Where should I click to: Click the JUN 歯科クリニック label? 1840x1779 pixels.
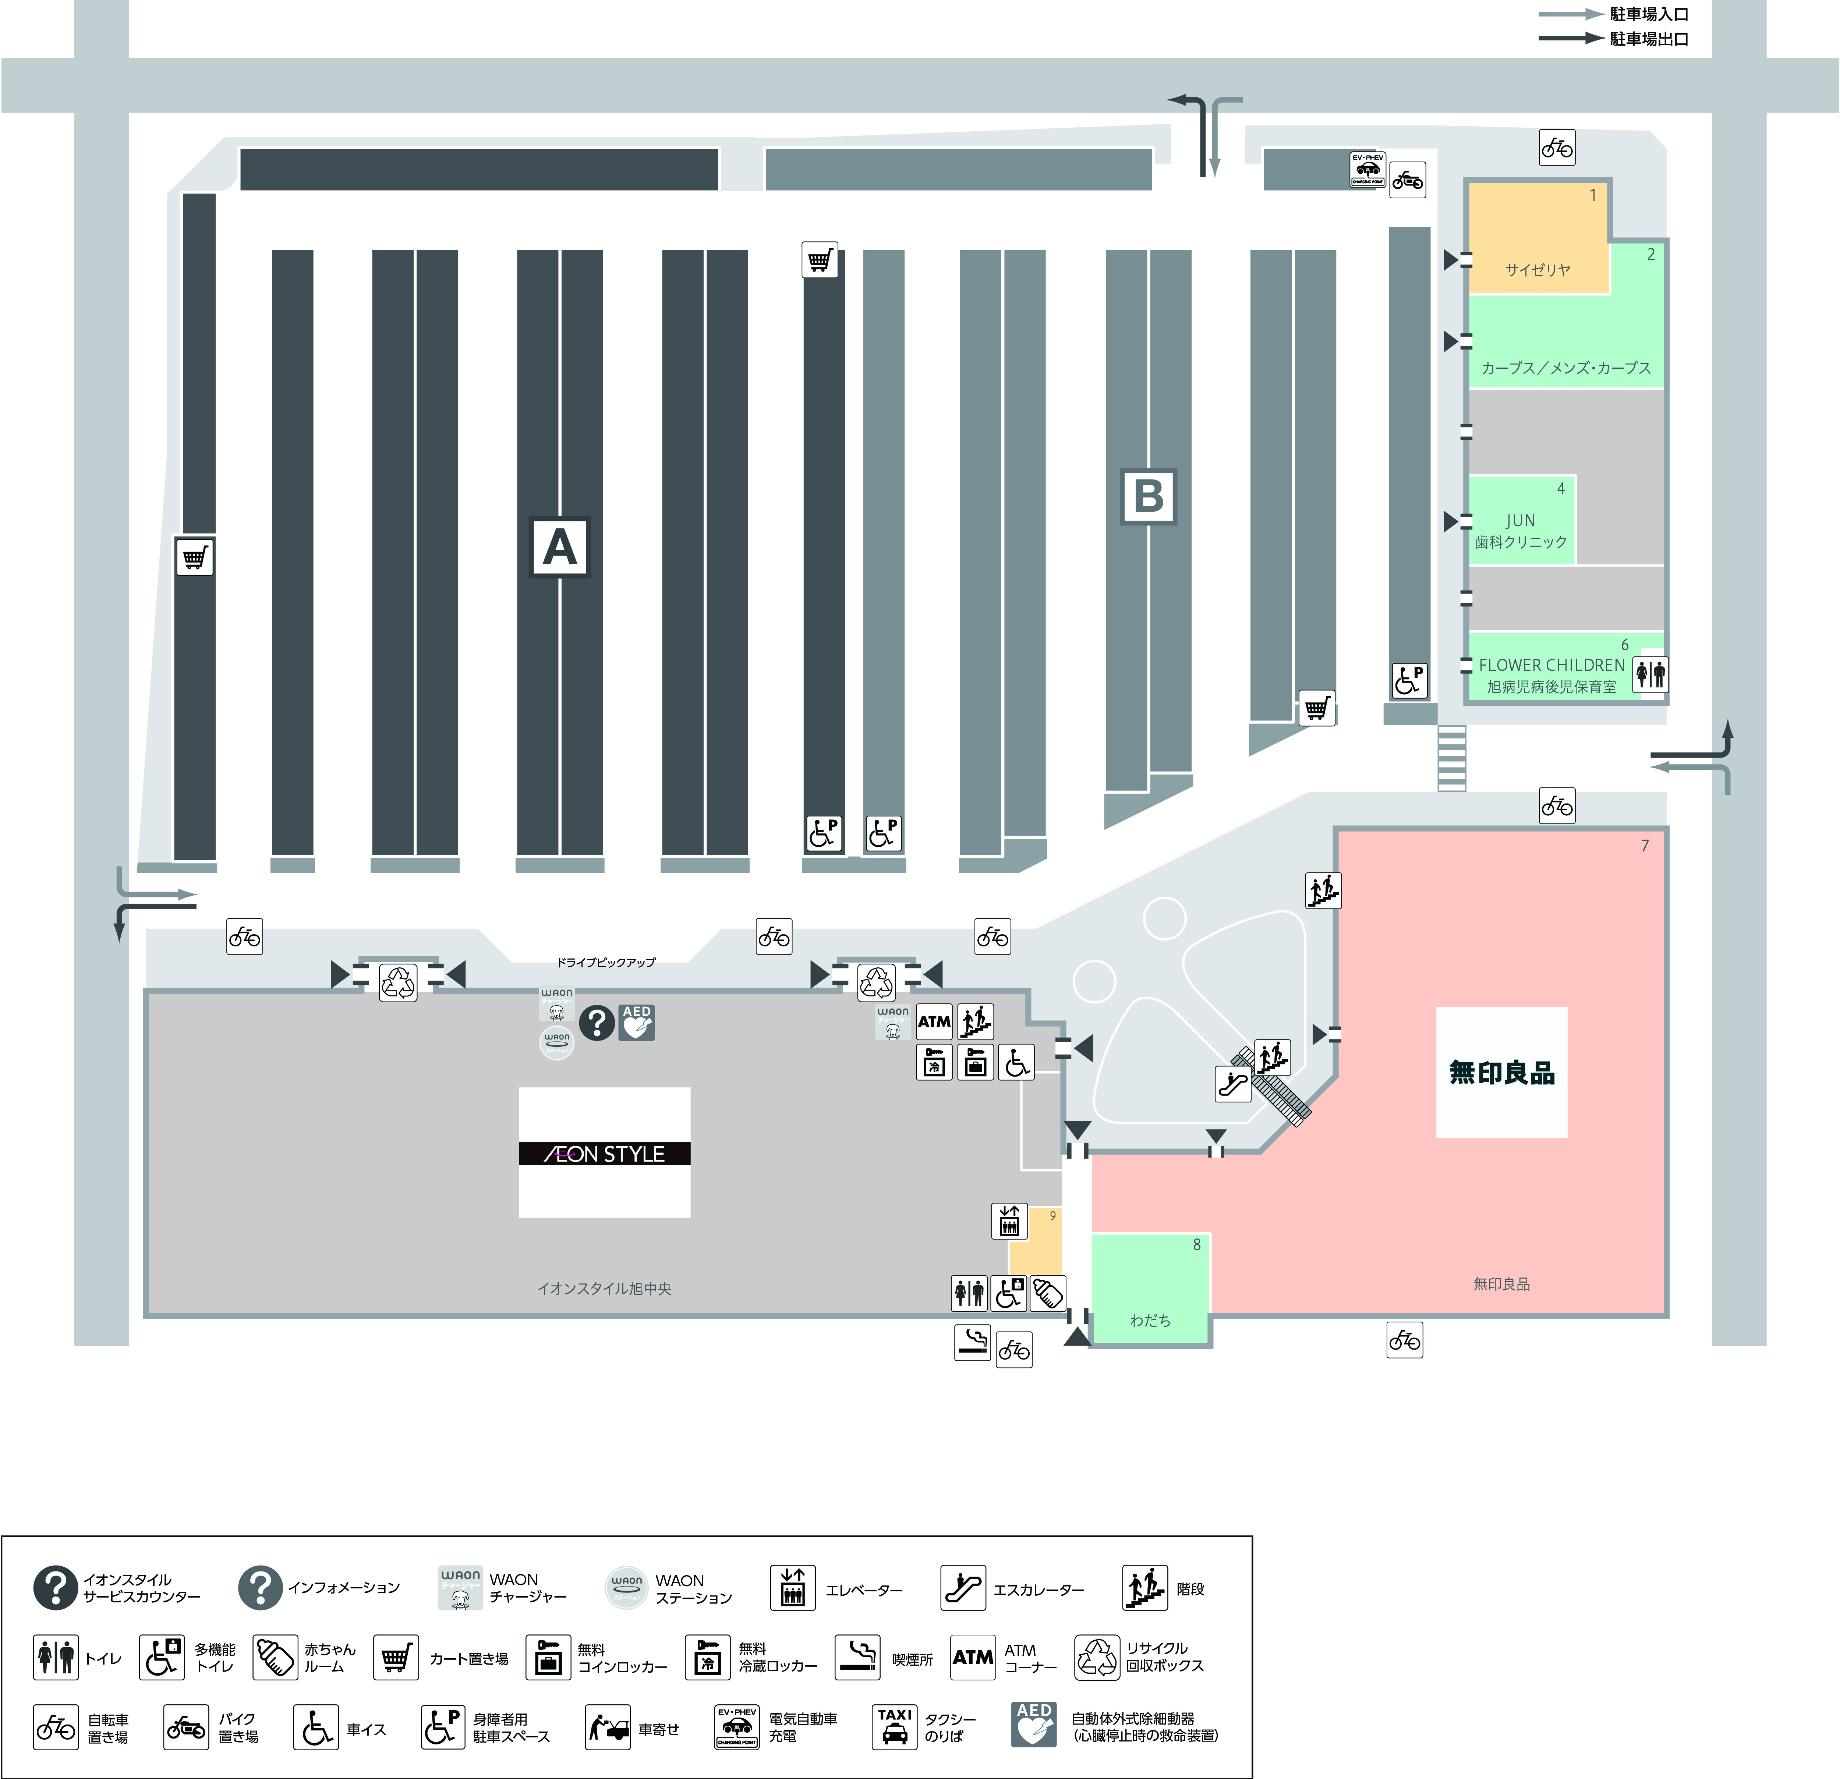(1521, 531)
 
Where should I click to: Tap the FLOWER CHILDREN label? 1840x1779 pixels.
(1551, 665)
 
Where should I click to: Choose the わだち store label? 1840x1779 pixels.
(1150, 1320)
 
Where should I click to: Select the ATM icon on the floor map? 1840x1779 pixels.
(934, 1021)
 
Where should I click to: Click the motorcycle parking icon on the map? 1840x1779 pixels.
(1407, 180)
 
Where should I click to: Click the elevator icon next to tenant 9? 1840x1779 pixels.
(1009, 1220)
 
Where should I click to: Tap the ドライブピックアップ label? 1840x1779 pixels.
(606, 962)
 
